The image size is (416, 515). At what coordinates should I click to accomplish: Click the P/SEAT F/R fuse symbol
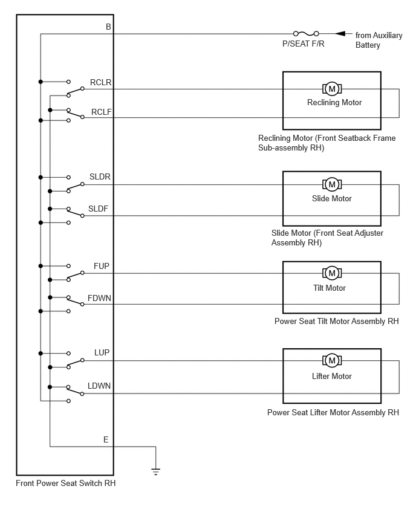click(x=305, y=34)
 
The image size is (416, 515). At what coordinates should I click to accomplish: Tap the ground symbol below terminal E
click(x=156, y=471)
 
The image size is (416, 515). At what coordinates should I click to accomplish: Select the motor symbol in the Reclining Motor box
click(x=331, y=89)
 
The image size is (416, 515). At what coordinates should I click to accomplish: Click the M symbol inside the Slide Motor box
click(x=331, y=184)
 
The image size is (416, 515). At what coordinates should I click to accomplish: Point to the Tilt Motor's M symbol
click(x=331, y=273)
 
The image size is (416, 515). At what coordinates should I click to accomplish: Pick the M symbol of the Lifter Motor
click(x=331, y=361)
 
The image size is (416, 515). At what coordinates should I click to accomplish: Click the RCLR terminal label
click(x=100, y=82)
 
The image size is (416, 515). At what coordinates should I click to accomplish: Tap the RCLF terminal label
click(x=101, y=112)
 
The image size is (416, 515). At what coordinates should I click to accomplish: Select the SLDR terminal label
click(x=99, y=177)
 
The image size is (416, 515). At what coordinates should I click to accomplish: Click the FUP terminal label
click(x=102, y=266)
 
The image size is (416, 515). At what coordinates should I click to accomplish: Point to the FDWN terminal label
click(x=99, y=298)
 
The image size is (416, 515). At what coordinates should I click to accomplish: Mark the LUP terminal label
click(x=102, y=352)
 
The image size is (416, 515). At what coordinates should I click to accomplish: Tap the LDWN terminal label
click(x=99, y=386)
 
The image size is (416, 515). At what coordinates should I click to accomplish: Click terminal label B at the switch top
click(x=108, y=27)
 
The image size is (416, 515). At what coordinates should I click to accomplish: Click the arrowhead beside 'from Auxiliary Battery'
click(x=340, y=34)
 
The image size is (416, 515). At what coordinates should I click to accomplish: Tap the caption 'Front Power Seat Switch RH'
click(x=66, y=483)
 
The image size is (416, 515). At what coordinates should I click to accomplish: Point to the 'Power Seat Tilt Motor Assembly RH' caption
click(x=337, y=321)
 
